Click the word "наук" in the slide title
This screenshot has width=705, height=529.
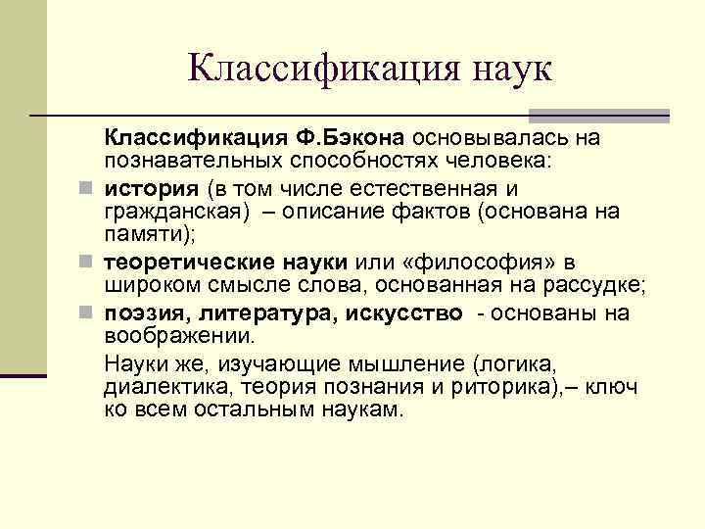click(x=501, y=70)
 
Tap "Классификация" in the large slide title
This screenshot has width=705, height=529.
click(x=313, y=70)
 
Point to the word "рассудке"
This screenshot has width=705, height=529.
click(x=598, y=284)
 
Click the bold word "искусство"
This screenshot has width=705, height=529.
click(x=402, y=313)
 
